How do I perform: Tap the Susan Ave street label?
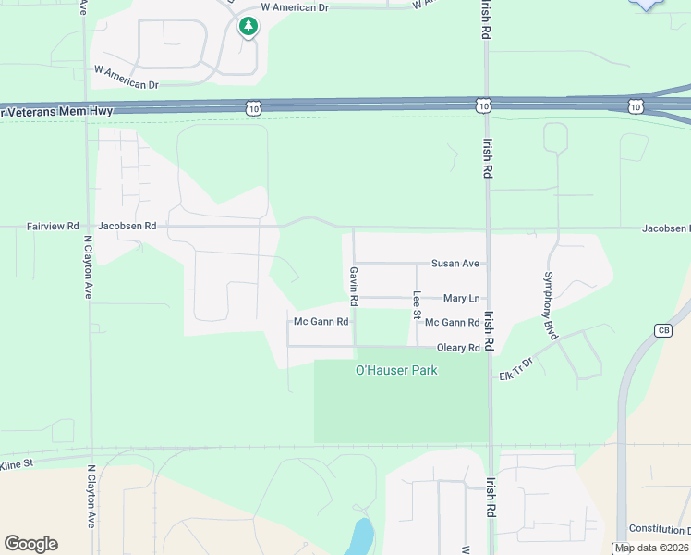455,264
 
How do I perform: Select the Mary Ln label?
461,298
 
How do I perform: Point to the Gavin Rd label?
353,287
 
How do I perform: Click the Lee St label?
417,305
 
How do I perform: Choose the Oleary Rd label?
458,348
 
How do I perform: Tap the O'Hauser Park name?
396,370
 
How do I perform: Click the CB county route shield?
663,330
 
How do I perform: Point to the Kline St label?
17,462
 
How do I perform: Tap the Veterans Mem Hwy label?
50,111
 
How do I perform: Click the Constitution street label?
659,529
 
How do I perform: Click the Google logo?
30,544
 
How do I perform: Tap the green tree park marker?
247,26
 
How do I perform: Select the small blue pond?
359,536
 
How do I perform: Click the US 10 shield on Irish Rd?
484,107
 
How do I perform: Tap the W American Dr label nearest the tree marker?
294,6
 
